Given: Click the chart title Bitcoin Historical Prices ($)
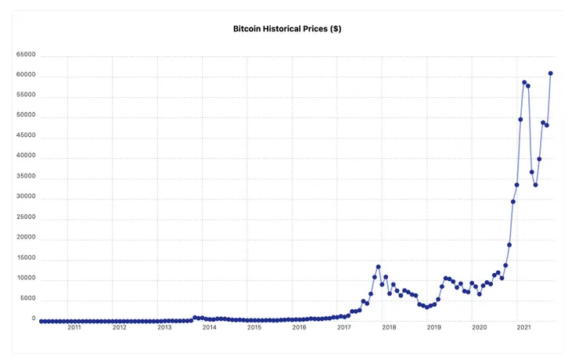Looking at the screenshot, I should tap(287, 28).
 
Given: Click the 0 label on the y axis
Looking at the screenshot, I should tap(33, 319).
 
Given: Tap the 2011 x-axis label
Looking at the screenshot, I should tap(74, 327).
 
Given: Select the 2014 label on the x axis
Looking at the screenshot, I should tap(210, 327).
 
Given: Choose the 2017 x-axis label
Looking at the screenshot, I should tap(344, 327).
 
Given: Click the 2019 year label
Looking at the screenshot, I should tap(434, 327).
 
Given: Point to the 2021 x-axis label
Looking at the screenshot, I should tap(524, 327).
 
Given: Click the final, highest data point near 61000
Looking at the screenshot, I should tap(551, 74).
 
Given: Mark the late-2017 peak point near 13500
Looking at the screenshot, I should tap(378, 267).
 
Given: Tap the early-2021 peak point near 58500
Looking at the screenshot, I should tap(524, 82).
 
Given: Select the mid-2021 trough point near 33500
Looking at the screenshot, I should tap(535, 185).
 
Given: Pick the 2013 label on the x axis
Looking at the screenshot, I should tap(164, 327).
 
